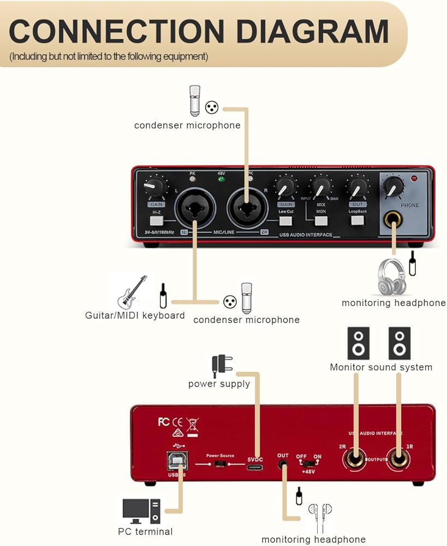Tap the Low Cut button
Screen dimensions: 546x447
[285, 221]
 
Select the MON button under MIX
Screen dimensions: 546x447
[321, 221]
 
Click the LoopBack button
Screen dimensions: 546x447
[357, 221]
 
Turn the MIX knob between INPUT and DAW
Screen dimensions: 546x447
[321, 187]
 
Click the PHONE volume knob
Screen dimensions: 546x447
[393, 187]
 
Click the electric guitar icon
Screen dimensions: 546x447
[132, 292]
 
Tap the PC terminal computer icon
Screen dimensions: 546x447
[141, 511]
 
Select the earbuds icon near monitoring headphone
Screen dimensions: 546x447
[320, 516]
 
